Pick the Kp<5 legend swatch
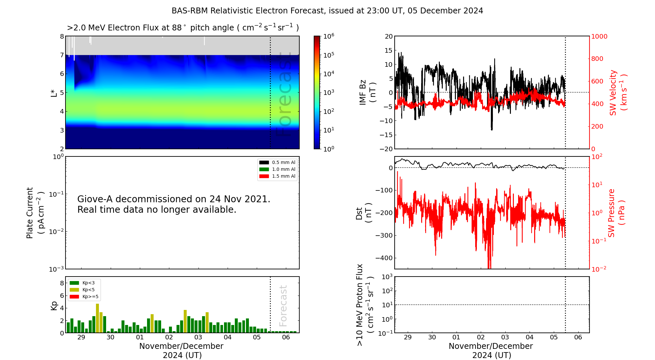(74, 290)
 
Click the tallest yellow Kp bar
(97, 317)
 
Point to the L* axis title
(54, 93)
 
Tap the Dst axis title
(364, 213)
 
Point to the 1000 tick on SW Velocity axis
(599, 36)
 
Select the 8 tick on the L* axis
(62, 36)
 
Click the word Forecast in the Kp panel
(283, 306)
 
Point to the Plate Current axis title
(34, 213)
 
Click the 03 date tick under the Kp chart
(198, 337)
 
